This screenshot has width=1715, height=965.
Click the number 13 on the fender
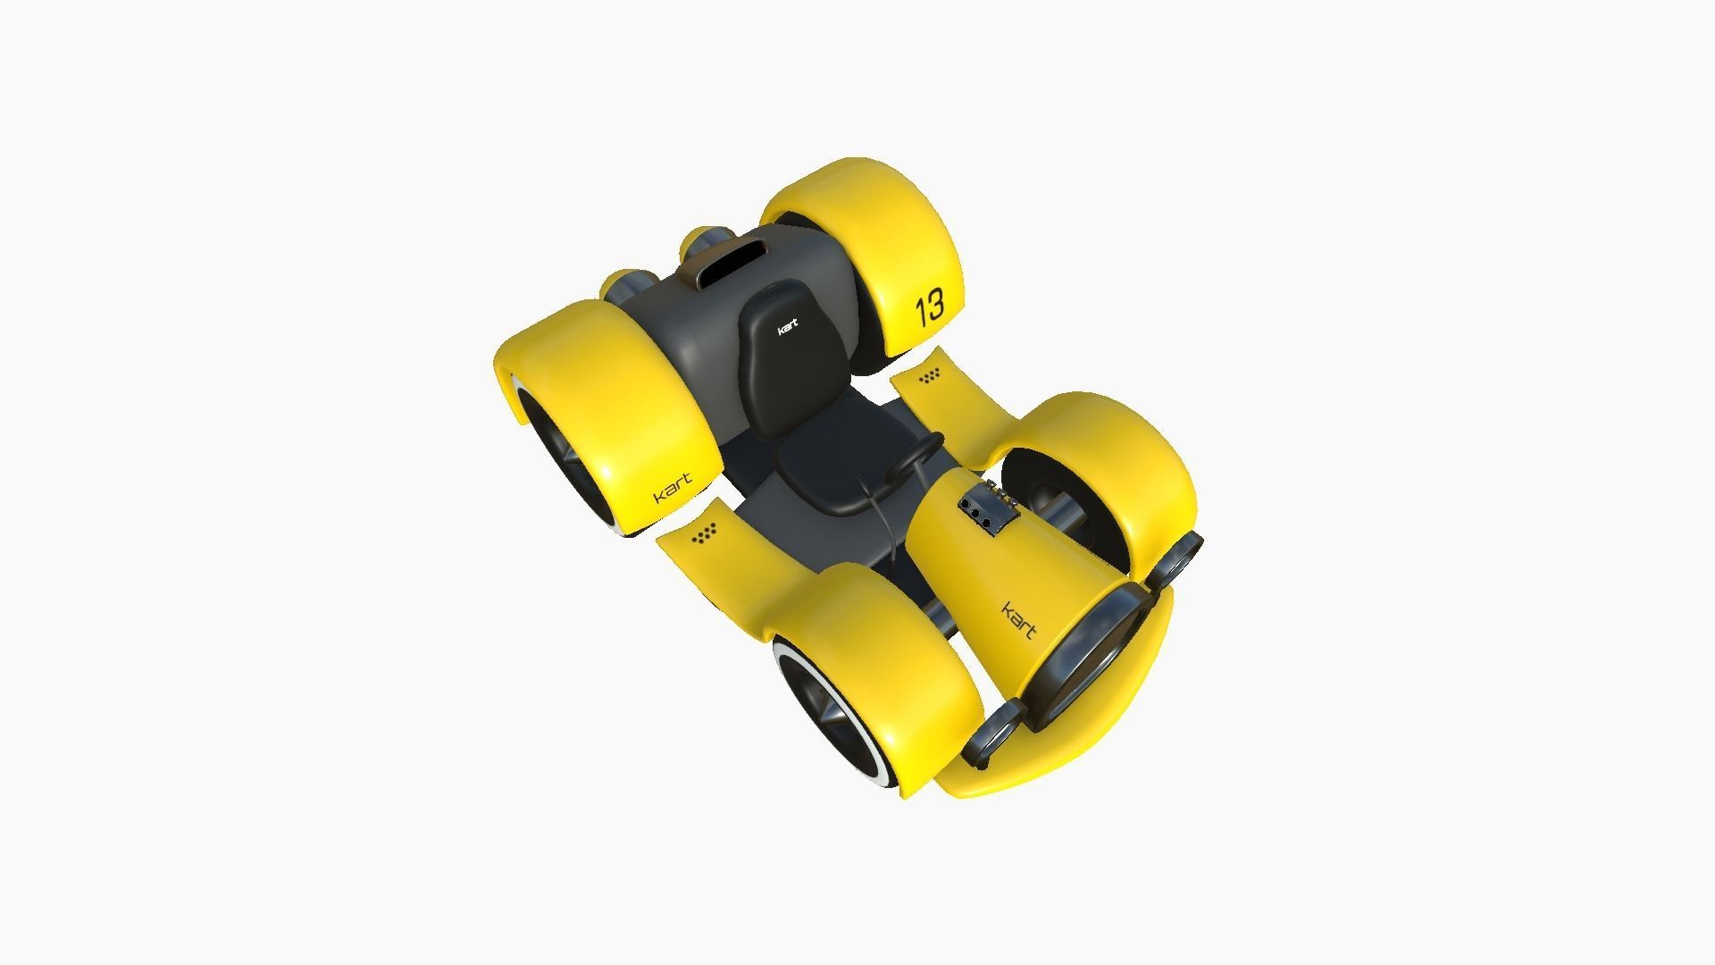point(929,306)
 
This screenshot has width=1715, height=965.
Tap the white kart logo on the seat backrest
point(787,328)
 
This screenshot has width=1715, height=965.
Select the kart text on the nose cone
point(1018,619)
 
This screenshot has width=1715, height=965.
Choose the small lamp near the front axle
point(1180,558)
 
